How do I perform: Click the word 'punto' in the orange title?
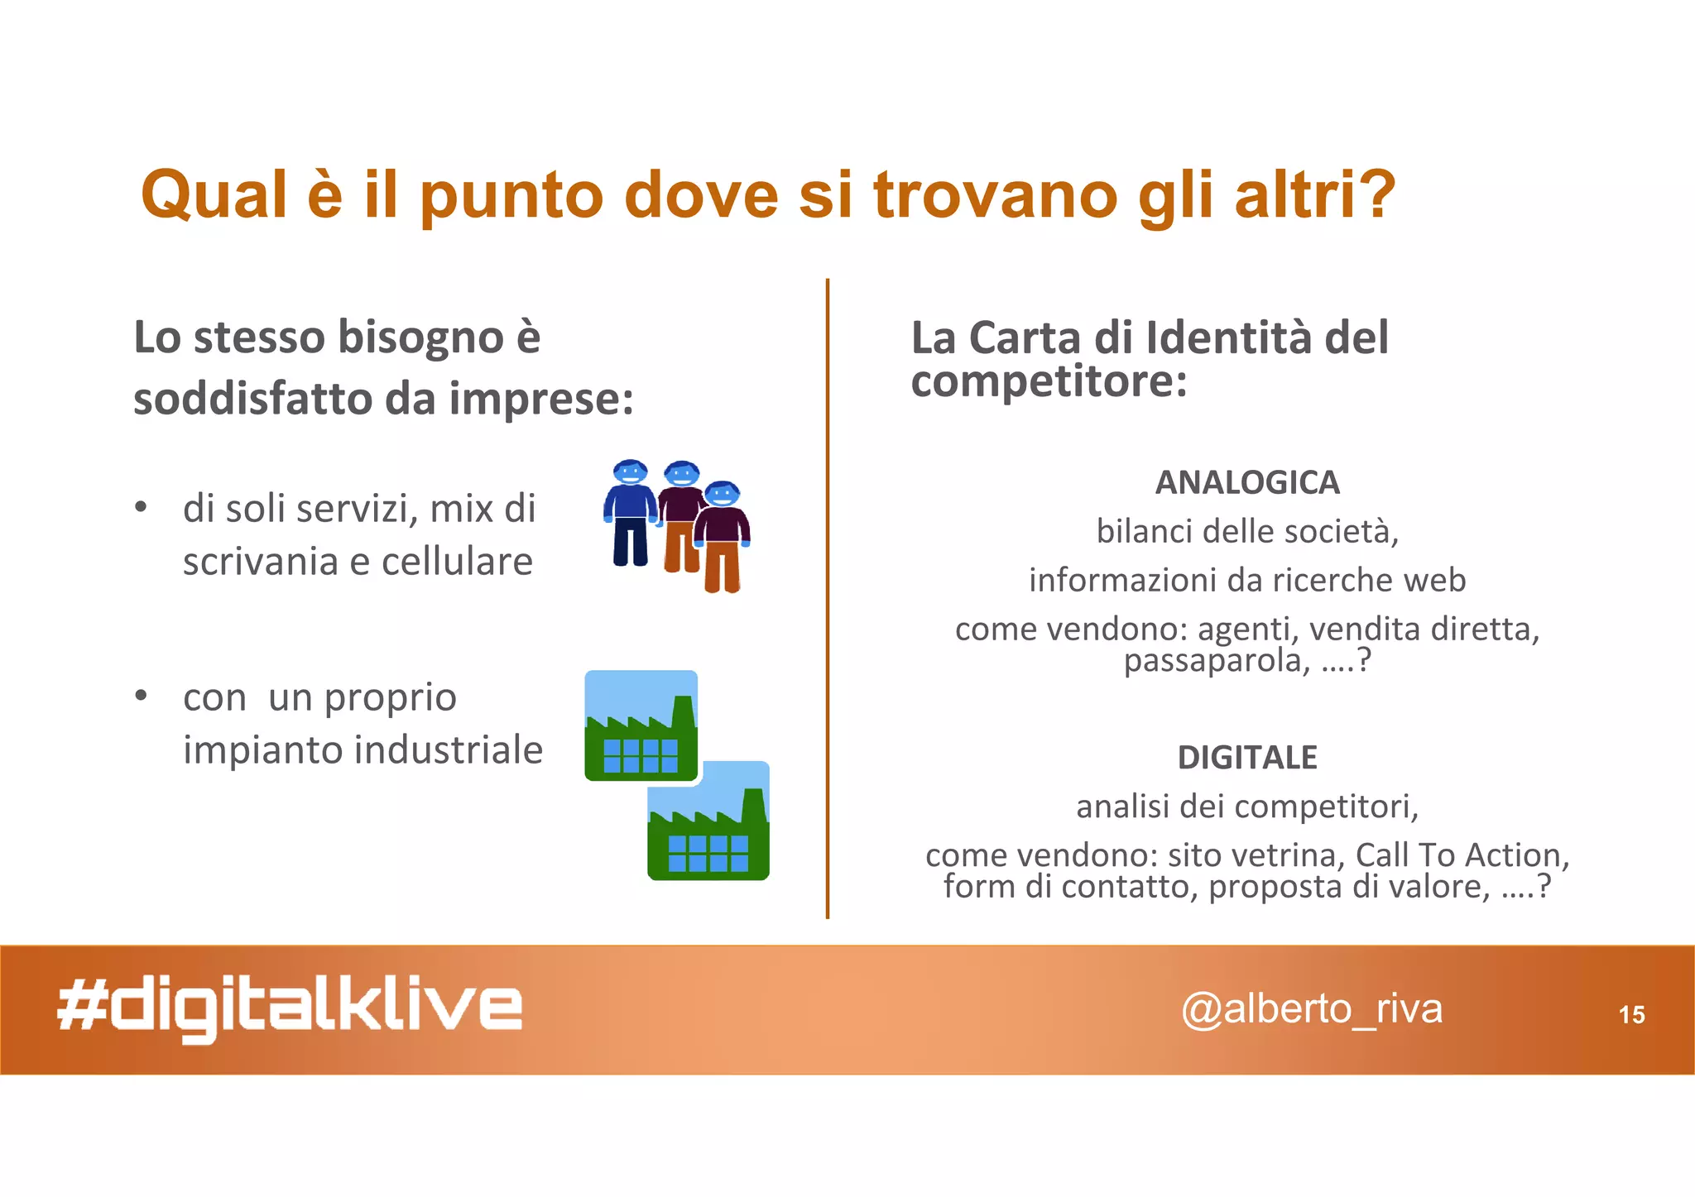click(511, 197)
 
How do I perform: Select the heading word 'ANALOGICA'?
click(1247, 482)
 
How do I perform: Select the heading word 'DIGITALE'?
click(1247, 757)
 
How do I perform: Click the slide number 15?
click(1631, 1014)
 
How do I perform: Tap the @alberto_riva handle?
click(1311, 1009)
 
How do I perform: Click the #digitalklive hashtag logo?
click(290, 1008)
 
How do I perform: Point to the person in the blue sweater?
click(631, 513)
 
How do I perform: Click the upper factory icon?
click(641, 725)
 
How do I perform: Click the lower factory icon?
click(708, 821)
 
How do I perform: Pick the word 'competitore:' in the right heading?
click(1049, 381)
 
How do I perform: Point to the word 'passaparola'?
click(1212, 660)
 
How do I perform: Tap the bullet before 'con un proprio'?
click(142, 696)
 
